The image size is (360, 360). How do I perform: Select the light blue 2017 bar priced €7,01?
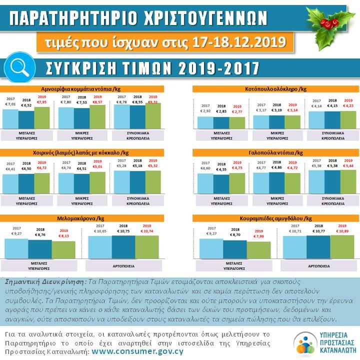point(10,118)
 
